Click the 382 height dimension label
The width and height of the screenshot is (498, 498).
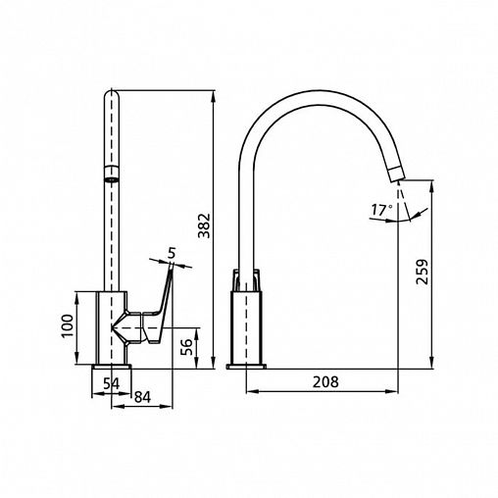coord(205,225)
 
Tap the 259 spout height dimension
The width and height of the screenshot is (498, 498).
coord(422,272)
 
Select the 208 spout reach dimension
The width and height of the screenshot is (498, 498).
coord(325,381)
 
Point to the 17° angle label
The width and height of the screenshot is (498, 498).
coord(382,210)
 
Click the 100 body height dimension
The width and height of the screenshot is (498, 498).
coord(67,326)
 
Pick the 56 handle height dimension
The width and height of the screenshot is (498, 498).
coord(186,347)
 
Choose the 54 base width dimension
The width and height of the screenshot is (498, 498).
coord(112,383)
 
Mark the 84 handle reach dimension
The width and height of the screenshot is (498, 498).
coord(143,397)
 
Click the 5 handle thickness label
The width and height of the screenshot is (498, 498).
coord(172,253)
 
